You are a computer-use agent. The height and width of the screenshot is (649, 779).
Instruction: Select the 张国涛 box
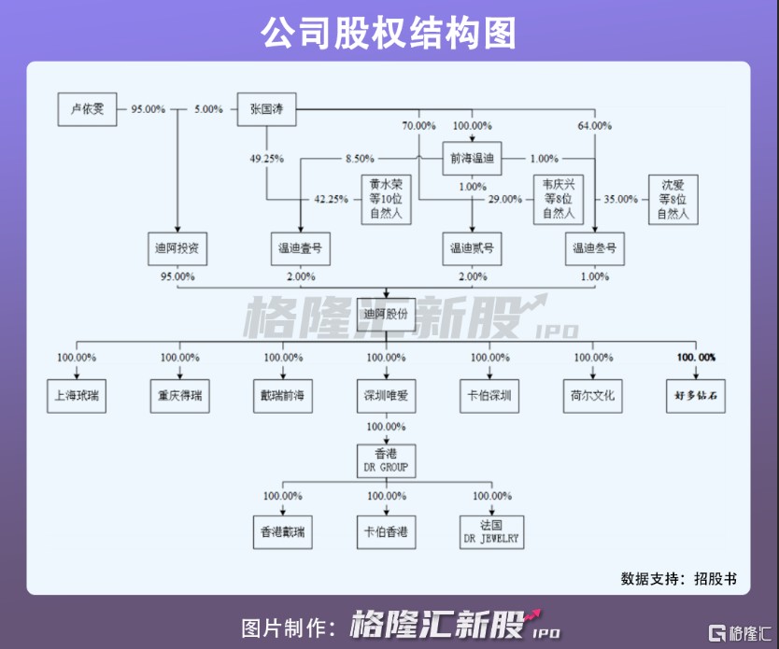266,109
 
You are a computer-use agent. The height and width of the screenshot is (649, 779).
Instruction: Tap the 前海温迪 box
472,159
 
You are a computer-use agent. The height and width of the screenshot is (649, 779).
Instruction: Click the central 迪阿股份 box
386,315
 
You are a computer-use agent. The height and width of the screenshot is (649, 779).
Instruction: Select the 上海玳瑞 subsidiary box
77,396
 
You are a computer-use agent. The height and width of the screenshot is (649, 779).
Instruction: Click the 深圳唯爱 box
386,396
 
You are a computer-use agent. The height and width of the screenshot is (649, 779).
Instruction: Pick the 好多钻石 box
696,396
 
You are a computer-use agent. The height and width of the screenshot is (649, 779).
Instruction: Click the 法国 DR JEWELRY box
491,532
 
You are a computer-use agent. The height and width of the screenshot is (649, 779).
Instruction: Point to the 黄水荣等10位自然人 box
386,199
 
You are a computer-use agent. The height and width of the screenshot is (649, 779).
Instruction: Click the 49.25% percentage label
267,159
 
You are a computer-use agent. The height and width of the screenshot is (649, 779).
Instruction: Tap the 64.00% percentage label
595,125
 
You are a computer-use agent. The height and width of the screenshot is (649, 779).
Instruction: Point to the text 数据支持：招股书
678,578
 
